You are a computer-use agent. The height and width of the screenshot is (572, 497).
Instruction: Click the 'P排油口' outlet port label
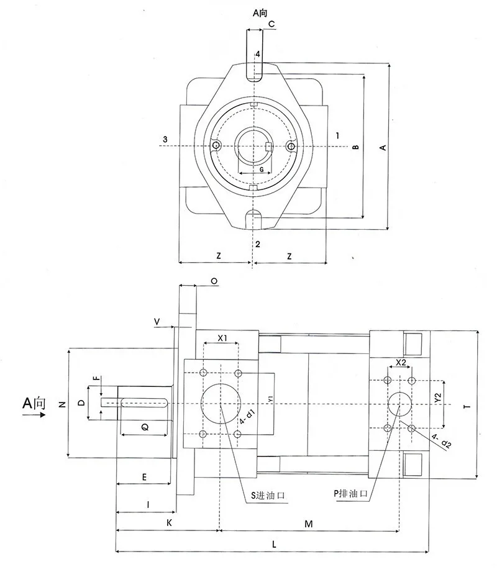click(351, 493)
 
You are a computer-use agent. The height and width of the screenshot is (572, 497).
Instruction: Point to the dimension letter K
click(169, 524)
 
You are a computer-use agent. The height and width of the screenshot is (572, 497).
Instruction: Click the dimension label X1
click(224, 339)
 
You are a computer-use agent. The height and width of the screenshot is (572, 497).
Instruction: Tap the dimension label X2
click(400, 362)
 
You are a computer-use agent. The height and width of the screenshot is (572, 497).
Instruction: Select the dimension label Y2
click(437, 397)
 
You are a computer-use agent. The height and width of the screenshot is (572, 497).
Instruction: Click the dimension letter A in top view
click(383, 147)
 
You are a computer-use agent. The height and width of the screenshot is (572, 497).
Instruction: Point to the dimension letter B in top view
click(356, 148)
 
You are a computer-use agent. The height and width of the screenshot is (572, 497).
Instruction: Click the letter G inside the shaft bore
click(261, 169)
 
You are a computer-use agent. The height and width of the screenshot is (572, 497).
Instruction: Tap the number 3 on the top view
click(165, 138)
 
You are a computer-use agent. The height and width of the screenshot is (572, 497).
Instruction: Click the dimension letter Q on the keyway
click(144, 427)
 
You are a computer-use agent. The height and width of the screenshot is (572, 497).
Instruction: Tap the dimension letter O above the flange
click(214, 281)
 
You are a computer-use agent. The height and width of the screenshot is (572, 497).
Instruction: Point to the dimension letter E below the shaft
click(144, 477)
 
